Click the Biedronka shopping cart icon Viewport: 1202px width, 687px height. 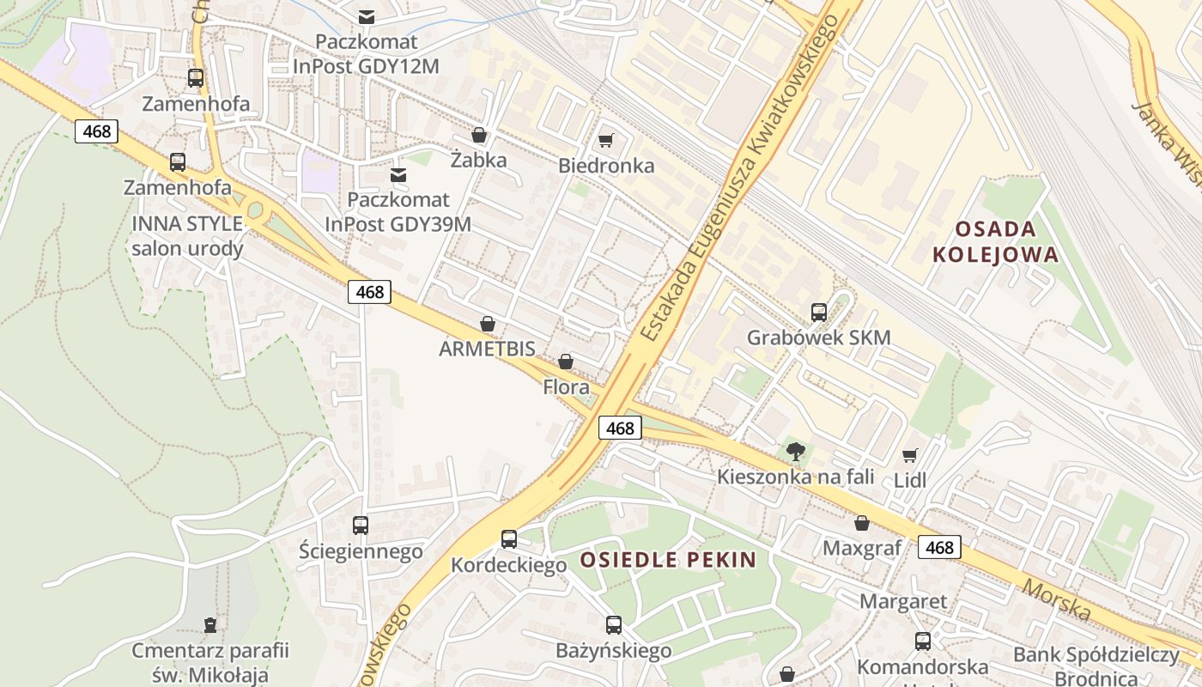[x=606, y=141]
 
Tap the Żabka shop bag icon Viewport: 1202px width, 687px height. [x=479, y=136]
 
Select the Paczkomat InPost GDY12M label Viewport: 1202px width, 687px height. [x=367, y=53]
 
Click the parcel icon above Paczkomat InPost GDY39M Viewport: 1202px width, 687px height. [x=398, y=175]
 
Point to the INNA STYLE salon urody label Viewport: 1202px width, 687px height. [x=187, y=236]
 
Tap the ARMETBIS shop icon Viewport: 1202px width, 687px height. [x=488, y=325]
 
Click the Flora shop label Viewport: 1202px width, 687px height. [x=567, y=387]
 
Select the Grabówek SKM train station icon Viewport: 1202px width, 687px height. [x=818, y=313]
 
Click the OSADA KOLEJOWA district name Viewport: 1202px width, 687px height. [x=996, y=242]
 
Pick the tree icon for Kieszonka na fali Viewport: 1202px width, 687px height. [x=796, y=452]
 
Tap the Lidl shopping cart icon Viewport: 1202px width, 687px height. [x=910, y=455]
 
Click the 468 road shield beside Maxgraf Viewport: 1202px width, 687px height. [x=939, y=547]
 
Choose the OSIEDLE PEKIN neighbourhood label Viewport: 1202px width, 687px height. [x=668, y=561]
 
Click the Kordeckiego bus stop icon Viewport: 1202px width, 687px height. [x=509, y=539]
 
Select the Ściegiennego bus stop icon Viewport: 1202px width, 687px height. [x=361, y=526]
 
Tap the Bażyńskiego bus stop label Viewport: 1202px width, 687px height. [x=613, y=651]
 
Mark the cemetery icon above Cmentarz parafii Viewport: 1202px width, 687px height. [x=210, y=625]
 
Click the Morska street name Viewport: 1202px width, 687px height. [x=1057, y=599]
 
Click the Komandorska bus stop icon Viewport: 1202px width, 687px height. [x=923, y=641]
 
